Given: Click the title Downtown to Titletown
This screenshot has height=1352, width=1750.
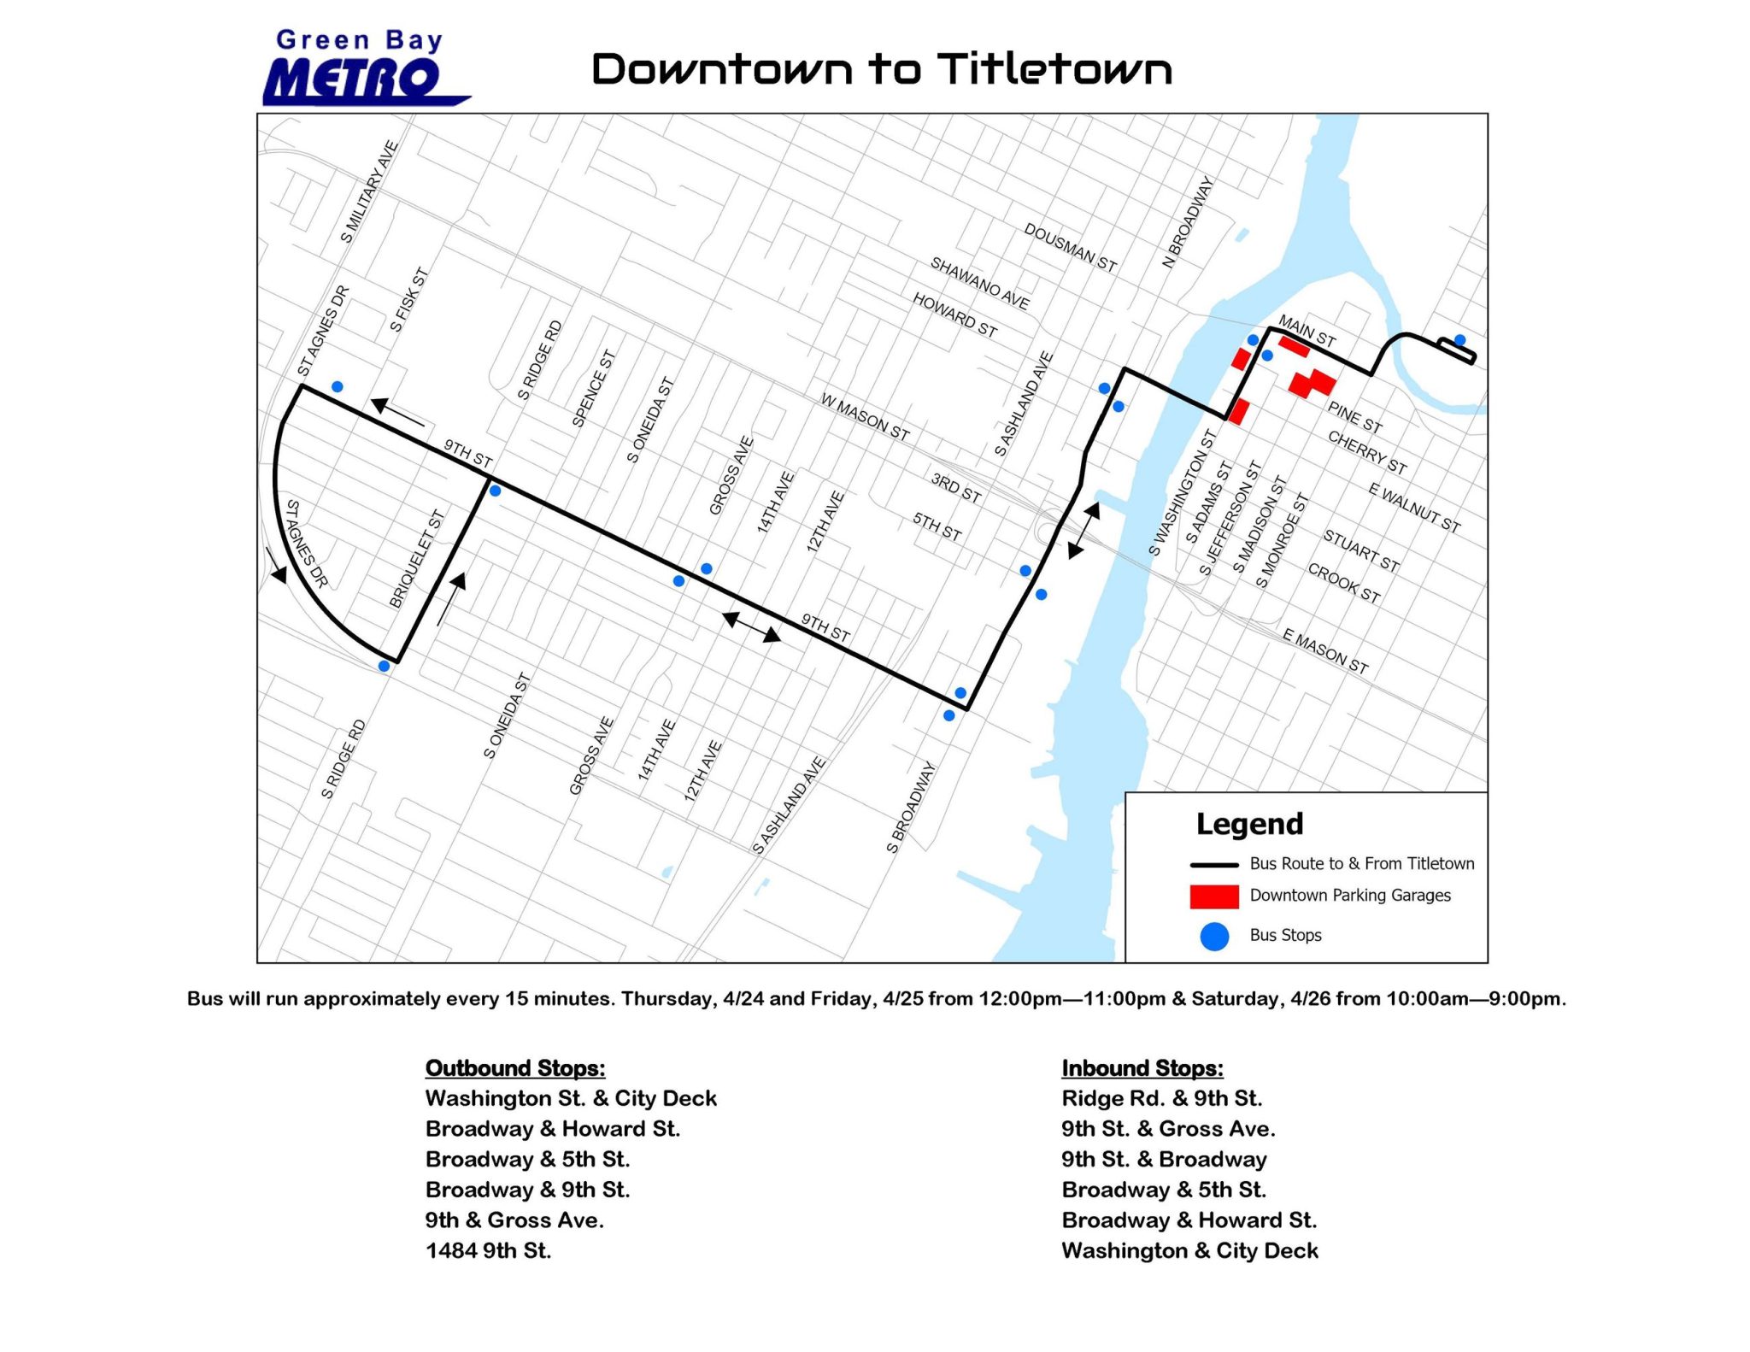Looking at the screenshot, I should [x=881, y=69].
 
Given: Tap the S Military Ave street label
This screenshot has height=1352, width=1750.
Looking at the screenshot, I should [x=369, y=191].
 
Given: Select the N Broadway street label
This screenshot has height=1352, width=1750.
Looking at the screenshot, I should [x=1188, y=222].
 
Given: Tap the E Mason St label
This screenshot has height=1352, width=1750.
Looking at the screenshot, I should [x=1325, y=651].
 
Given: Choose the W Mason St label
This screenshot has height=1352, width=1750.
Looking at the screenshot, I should [x=865, y=417].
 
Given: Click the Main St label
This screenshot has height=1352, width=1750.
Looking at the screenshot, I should [x=1307, y=332].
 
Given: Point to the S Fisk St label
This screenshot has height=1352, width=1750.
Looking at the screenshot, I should [x=408, y=300].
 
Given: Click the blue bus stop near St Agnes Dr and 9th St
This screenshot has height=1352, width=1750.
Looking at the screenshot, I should [x=338, y=387].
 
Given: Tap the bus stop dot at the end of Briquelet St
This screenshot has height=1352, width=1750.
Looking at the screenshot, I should [x=384, y=666].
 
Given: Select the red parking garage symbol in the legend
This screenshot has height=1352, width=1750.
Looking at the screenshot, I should [x=1213, y=896].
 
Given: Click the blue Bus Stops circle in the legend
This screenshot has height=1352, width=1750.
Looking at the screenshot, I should [x=1214, y=937].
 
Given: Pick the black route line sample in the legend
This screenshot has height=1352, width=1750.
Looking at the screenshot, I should [x=1213, y=865].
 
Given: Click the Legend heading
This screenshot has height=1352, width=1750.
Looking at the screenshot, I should [x=1249, y=824].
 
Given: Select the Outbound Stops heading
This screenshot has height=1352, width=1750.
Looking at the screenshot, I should [x=515, y=1068].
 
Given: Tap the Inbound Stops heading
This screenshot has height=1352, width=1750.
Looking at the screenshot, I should [x=1142, y=1068].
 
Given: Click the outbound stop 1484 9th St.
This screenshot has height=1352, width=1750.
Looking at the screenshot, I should [x=488, y=1251].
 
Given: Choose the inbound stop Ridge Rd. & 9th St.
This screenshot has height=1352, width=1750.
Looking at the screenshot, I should [x=1161, y=1098].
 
